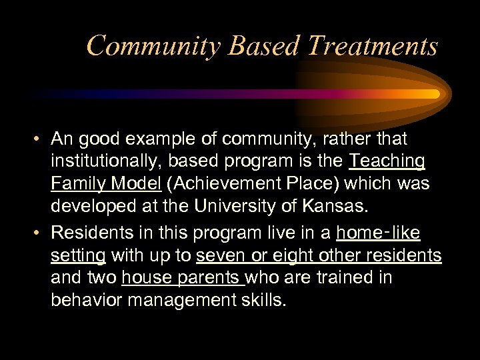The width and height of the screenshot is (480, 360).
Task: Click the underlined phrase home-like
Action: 378,233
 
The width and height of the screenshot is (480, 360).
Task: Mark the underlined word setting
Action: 78,256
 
